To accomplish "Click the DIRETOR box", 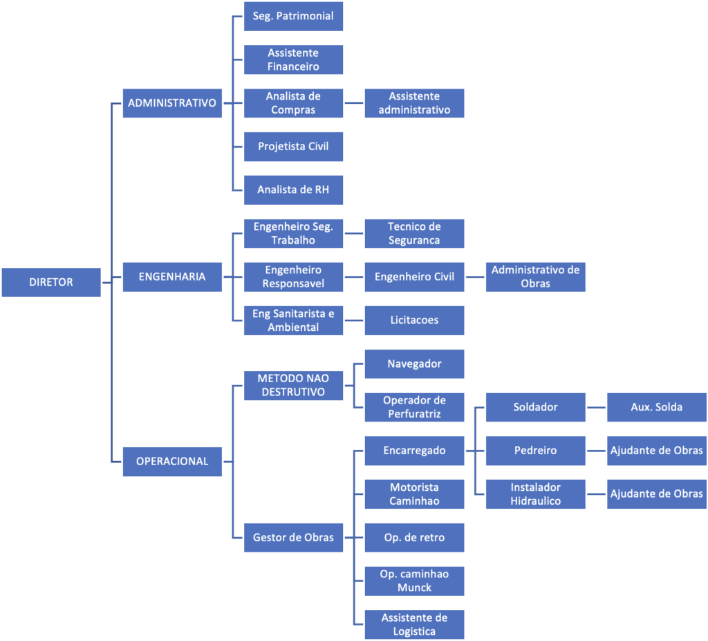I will click(x=51, y=282).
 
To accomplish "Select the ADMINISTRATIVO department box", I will click(x=172, y=103).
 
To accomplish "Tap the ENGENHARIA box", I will click(x=172, y=276).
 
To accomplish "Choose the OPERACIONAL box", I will click(x=172, y=461).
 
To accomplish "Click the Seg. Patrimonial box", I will click(x=293, y=16).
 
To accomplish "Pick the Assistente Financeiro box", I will click(x=293, y=60).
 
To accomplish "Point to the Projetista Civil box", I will click(x=293, y=146).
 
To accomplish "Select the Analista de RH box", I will click(x=293, y=190).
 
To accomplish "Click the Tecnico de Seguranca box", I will click(x=414, y=233).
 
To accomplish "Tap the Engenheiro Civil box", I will click(x=414, y=276).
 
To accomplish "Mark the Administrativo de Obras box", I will click(x=535, y=276).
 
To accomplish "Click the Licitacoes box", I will click(x=414, y=320).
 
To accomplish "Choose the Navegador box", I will click(x=414, y=363).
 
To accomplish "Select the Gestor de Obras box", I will click(x=293, y=537).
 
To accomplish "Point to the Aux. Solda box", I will click(x=656, y=407).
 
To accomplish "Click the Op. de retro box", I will click(x=414, y=537).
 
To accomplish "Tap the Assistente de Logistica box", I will click(x=414, y=624).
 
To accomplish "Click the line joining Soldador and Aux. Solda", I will click(x=596, y=407).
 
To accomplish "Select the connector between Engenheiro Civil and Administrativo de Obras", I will click(x=475, y=277).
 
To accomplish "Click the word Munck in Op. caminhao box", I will click(x=414, y=588).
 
